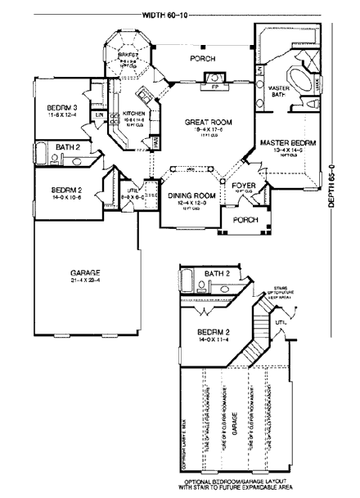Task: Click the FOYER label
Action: pyautogui.click(x=243, y=186)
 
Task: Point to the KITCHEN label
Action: pyautogui.click(x=134, y=114)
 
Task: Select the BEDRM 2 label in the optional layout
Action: pyautogui.click(x=214, y=331)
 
